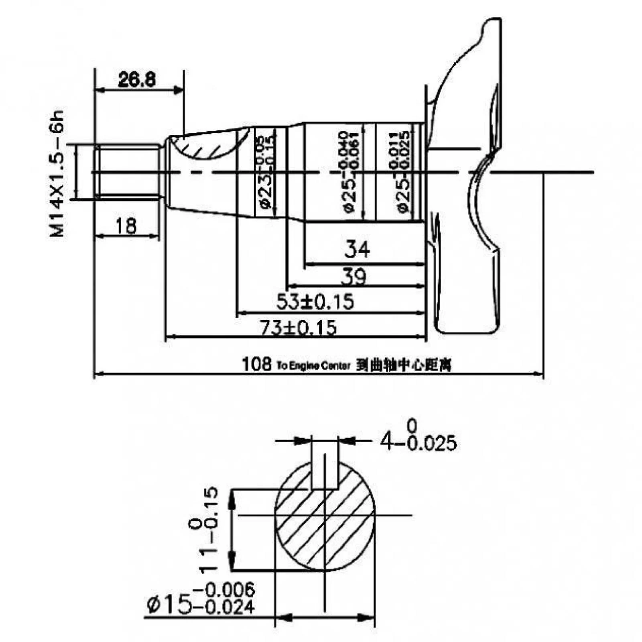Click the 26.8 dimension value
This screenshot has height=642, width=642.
click(137, 79)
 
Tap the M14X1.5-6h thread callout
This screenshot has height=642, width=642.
click(57, 173)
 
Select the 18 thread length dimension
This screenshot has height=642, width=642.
click(126, 226)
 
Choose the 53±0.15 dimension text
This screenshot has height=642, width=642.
click(315, 301)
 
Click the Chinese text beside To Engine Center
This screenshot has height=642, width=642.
click(404, 366)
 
